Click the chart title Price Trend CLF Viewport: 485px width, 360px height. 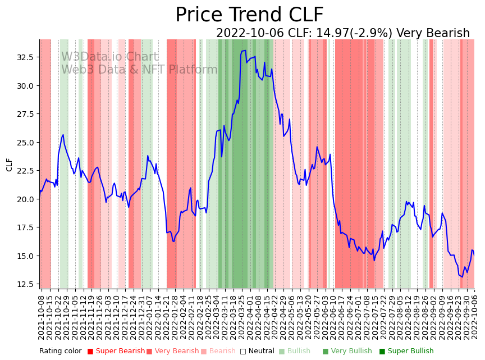[x=249, y=15]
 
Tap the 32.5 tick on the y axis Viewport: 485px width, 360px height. [x=24, y=57]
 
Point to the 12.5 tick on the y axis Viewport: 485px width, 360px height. [x=24, y=284]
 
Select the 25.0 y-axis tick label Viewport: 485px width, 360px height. [x=24, y=143]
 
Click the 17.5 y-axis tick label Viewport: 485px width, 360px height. [x=24, y=227]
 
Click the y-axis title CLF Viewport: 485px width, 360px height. [x=9, y=164]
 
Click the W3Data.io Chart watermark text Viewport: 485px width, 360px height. [x=109, y=57]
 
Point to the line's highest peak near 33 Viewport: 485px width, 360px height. [x=244, y=51]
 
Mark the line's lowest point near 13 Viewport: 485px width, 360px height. [x=461, y=276]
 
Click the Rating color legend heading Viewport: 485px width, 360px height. [x=60, y=351]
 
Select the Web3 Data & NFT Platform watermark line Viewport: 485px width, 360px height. [x=139, y=70]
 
